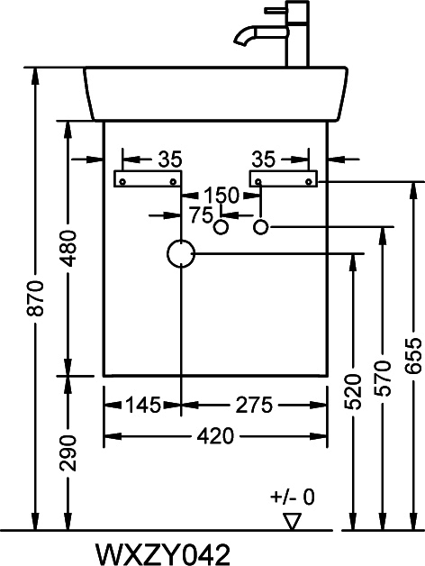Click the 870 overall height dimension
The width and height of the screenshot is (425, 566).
[36, 297]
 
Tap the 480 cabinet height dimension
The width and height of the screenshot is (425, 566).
[68, 249]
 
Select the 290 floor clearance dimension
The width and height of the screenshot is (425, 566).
[68, 453]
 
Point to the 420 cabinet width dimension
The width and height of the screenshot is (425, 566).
[215, 436]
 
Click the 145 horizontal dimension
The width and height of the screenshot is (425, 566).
[143, 405]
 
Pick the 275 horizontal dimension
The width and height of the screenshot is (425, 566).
[254, 405]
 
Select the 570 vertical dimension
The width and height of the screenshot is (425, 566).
[384, 379]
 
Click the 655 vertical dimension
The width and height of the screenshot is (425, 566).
[413, 356]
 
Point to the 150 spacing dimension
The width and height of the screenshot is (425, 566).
[222, 196]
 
